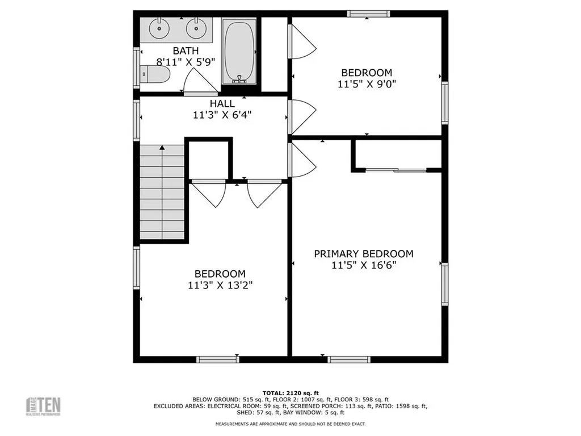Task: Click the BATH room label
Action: [186, 51]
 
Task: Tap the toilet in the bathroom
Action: [155, 74]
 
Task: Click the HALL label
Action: [222, 103]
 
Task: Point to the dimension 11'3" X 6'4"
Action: [222, 115]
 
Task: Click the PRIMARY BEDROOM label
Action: [364, 254]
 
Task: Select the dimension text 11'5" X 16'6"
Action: [364, 265]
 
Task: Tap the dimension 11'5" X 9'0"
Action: [366, 84]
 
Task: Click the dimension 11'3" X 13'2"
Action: [220, 285]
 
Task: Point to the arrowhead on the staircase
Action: [162, 148]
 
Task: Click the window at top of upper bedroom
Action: [368, 14]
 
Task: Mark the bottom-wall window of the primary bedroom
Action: [349, 359]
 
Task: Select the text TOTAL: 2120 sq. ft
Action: [290, 393]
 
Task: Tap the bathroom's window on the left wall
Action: [136, 68]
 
